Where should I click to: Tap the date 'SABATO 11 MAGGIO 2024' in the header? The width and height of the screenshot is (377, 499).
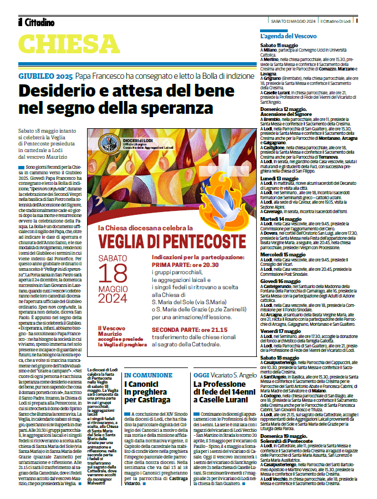[x=294, y=21]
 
